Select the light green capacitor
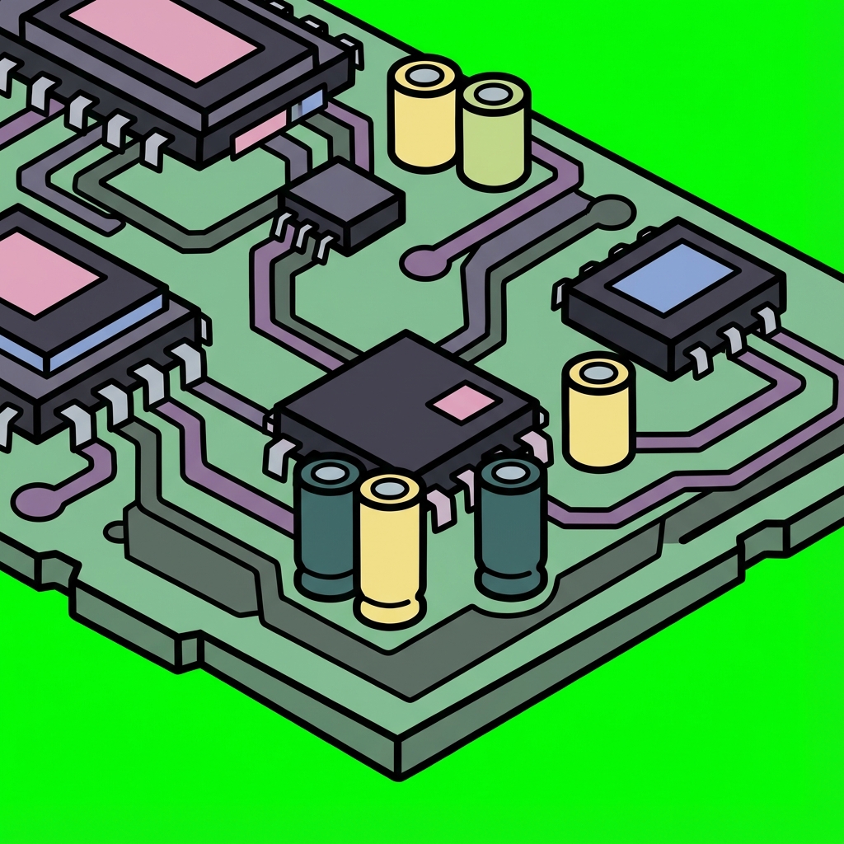pyautogui.click(x=494, y=136)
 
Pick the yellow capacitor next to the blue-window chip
pyautogui.click(x=598, y=412)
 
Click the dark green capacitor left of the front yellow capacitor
pyautogui.click(x=329, y=527)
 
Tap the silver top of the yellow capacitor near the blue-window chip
pyautogui.click(x=599, y=372)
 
